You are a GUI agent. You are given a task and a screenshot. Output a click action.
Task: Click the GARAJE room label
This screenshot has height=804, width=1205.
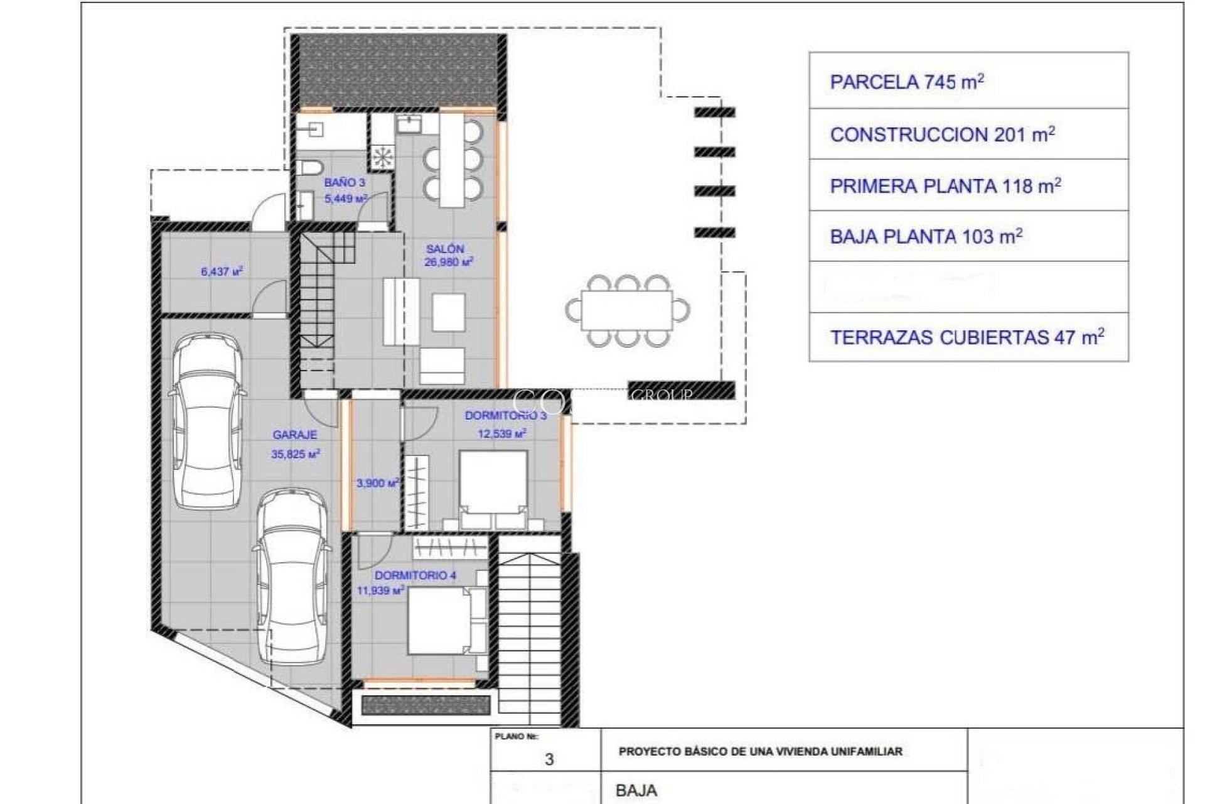tap(295, 435)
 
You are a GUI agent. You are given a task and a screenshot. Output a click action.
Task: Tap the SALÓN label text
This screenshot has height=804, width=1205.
tap(445, 249)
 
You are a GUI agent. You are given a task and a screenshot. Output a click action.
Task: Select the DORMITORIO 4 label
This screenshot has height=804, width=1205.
tap(415, 575)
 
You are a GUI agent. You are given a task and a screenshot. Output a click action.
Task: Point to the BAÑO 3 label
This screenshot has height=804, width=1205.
tap(345, 183)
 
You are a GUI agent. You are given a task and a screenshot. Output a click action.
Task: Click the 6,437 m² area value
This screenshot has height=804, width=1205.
tap(222, 272)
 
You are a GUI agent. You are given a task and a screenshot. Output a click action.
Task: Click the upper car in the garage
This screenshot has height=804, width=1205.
tap(206, 421)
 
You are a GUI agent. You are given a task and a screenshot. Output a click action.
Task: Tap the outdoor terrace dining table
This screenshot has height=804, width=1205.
tap(626, 311)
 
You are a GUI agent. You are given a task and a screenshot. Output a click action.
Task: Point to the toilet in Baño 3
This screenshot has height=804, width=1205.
tap(309, 168)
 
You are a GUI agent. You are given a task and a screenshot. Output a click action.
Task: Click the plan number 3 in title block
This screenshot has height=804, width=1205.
tap(549, 759)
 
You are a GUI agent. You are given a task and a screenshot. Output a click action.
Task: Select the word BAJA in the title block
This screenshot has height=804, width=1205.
tap(636, 790)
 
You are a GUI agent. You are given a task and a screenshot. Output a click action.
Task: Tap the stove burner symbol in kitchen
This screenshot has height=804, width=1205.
tap(382, 157)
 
